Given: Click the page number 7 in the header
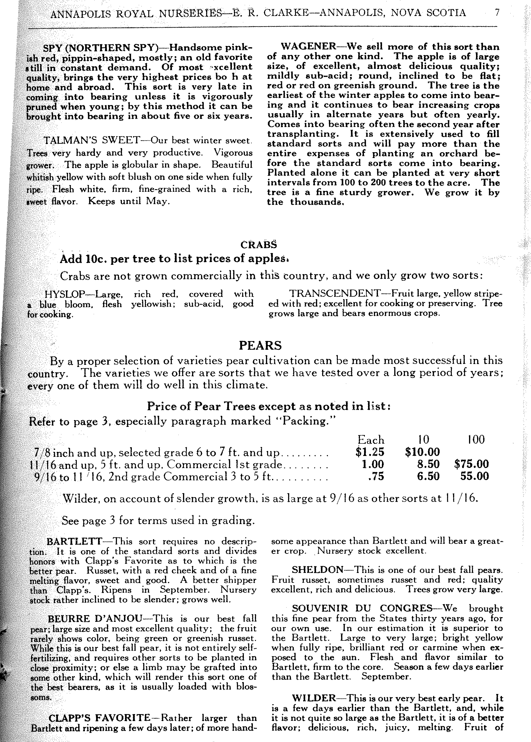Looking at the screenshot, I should pyautogui.click(x=497, y=13).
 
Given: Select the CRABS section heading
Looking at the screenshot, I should pyautogui.click(x=258, y=245).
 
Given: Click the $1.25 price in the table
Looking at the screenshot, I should pyautogui.click(x=370, y=452).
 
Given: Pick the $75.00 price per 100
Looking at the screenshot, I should pyautogui.click(x=471, y=464).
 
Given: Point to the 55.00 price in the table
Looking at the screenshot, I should pyautogui.click(x=475, y=476).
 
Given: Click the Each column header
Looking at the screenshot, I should pyautogui.click(x=371, y=439).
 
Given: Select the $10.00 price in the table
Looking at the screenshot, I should pyautogui.click(x=422, y=452).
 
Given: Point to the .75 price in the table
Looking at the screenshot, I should pyautogui.click(x=376, y=476).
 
